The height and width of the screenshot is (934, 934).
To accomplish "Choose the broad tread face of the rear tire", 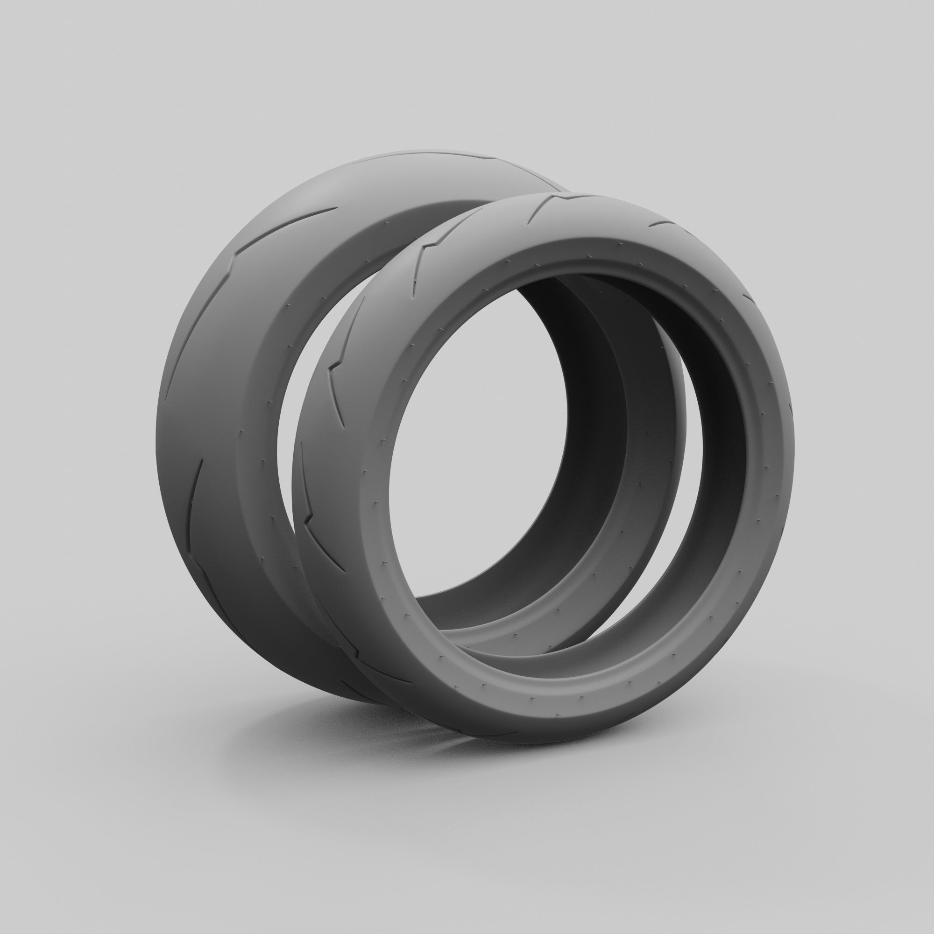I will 208,387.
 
